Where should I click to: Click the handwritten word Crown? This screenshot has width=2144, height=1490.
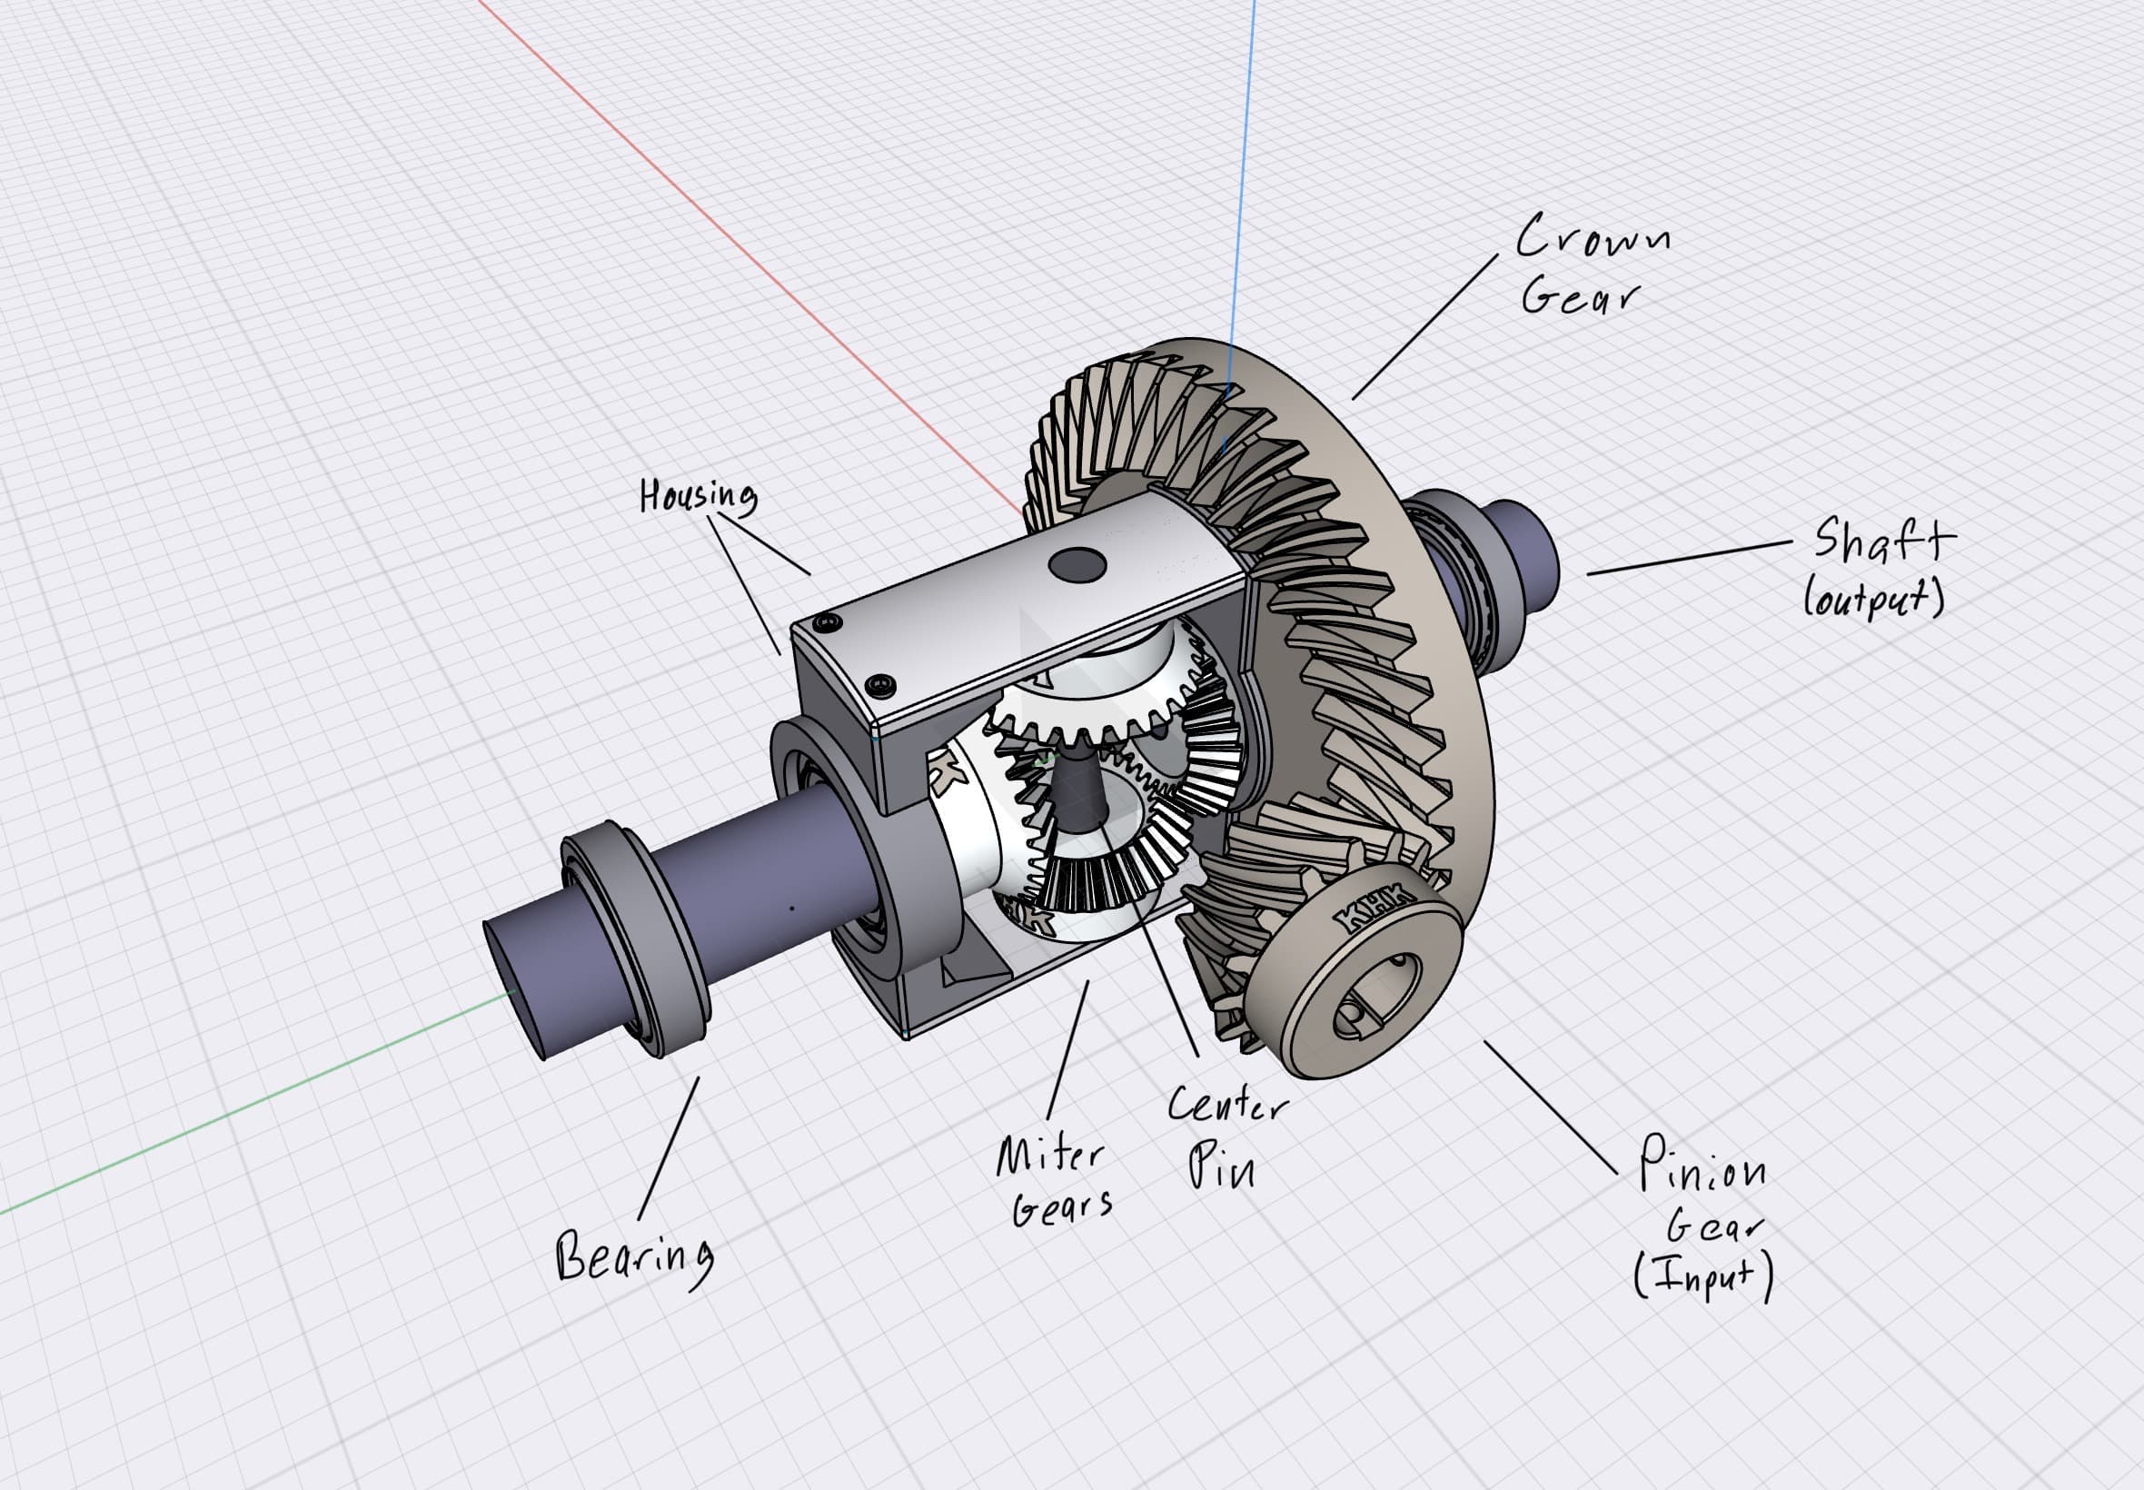tap(1593, 236)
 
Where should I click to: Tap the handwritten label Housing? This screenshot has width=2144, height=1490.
tap(699, 496)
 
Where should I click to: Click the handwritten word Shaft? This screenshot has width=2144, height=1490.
tap(1883, 541)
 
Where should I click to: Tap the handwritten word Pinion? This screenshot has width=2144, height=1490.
tap(1702, 1165)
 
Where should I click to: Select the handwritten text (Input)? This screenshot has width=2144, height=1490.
tap(1702, 1276)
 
